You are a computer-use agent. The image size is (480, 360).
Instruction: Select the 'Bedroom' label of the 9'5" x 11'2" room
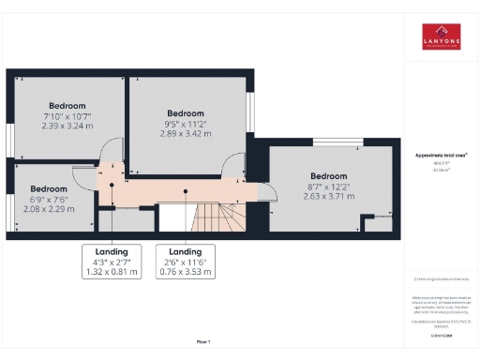185,113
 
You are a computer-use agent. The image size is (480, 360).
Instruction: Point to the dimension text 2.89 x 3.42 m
185,134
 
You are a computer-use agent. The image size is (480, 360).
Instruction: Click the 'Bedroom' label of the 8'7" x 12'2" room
328,176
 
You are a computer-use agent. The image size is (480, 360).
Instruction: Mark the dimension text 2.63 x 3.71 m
328,197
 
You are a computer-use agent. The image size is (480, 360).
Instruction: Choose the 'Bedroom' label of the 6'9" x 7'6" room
48,188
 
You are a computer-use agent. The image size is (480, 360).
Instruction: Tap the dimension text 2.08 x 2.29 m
48,208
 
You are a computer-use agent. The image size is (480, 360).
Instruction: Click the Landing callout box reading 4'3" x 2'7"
112,262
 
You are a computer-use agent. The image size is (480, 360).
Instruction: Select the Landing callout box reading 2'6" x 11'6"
185,262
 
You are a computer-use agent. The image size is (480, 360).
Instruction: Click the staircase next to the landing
217,217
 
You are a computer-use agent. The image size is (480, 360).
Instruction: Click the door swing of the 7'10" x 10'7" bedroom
112,153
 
